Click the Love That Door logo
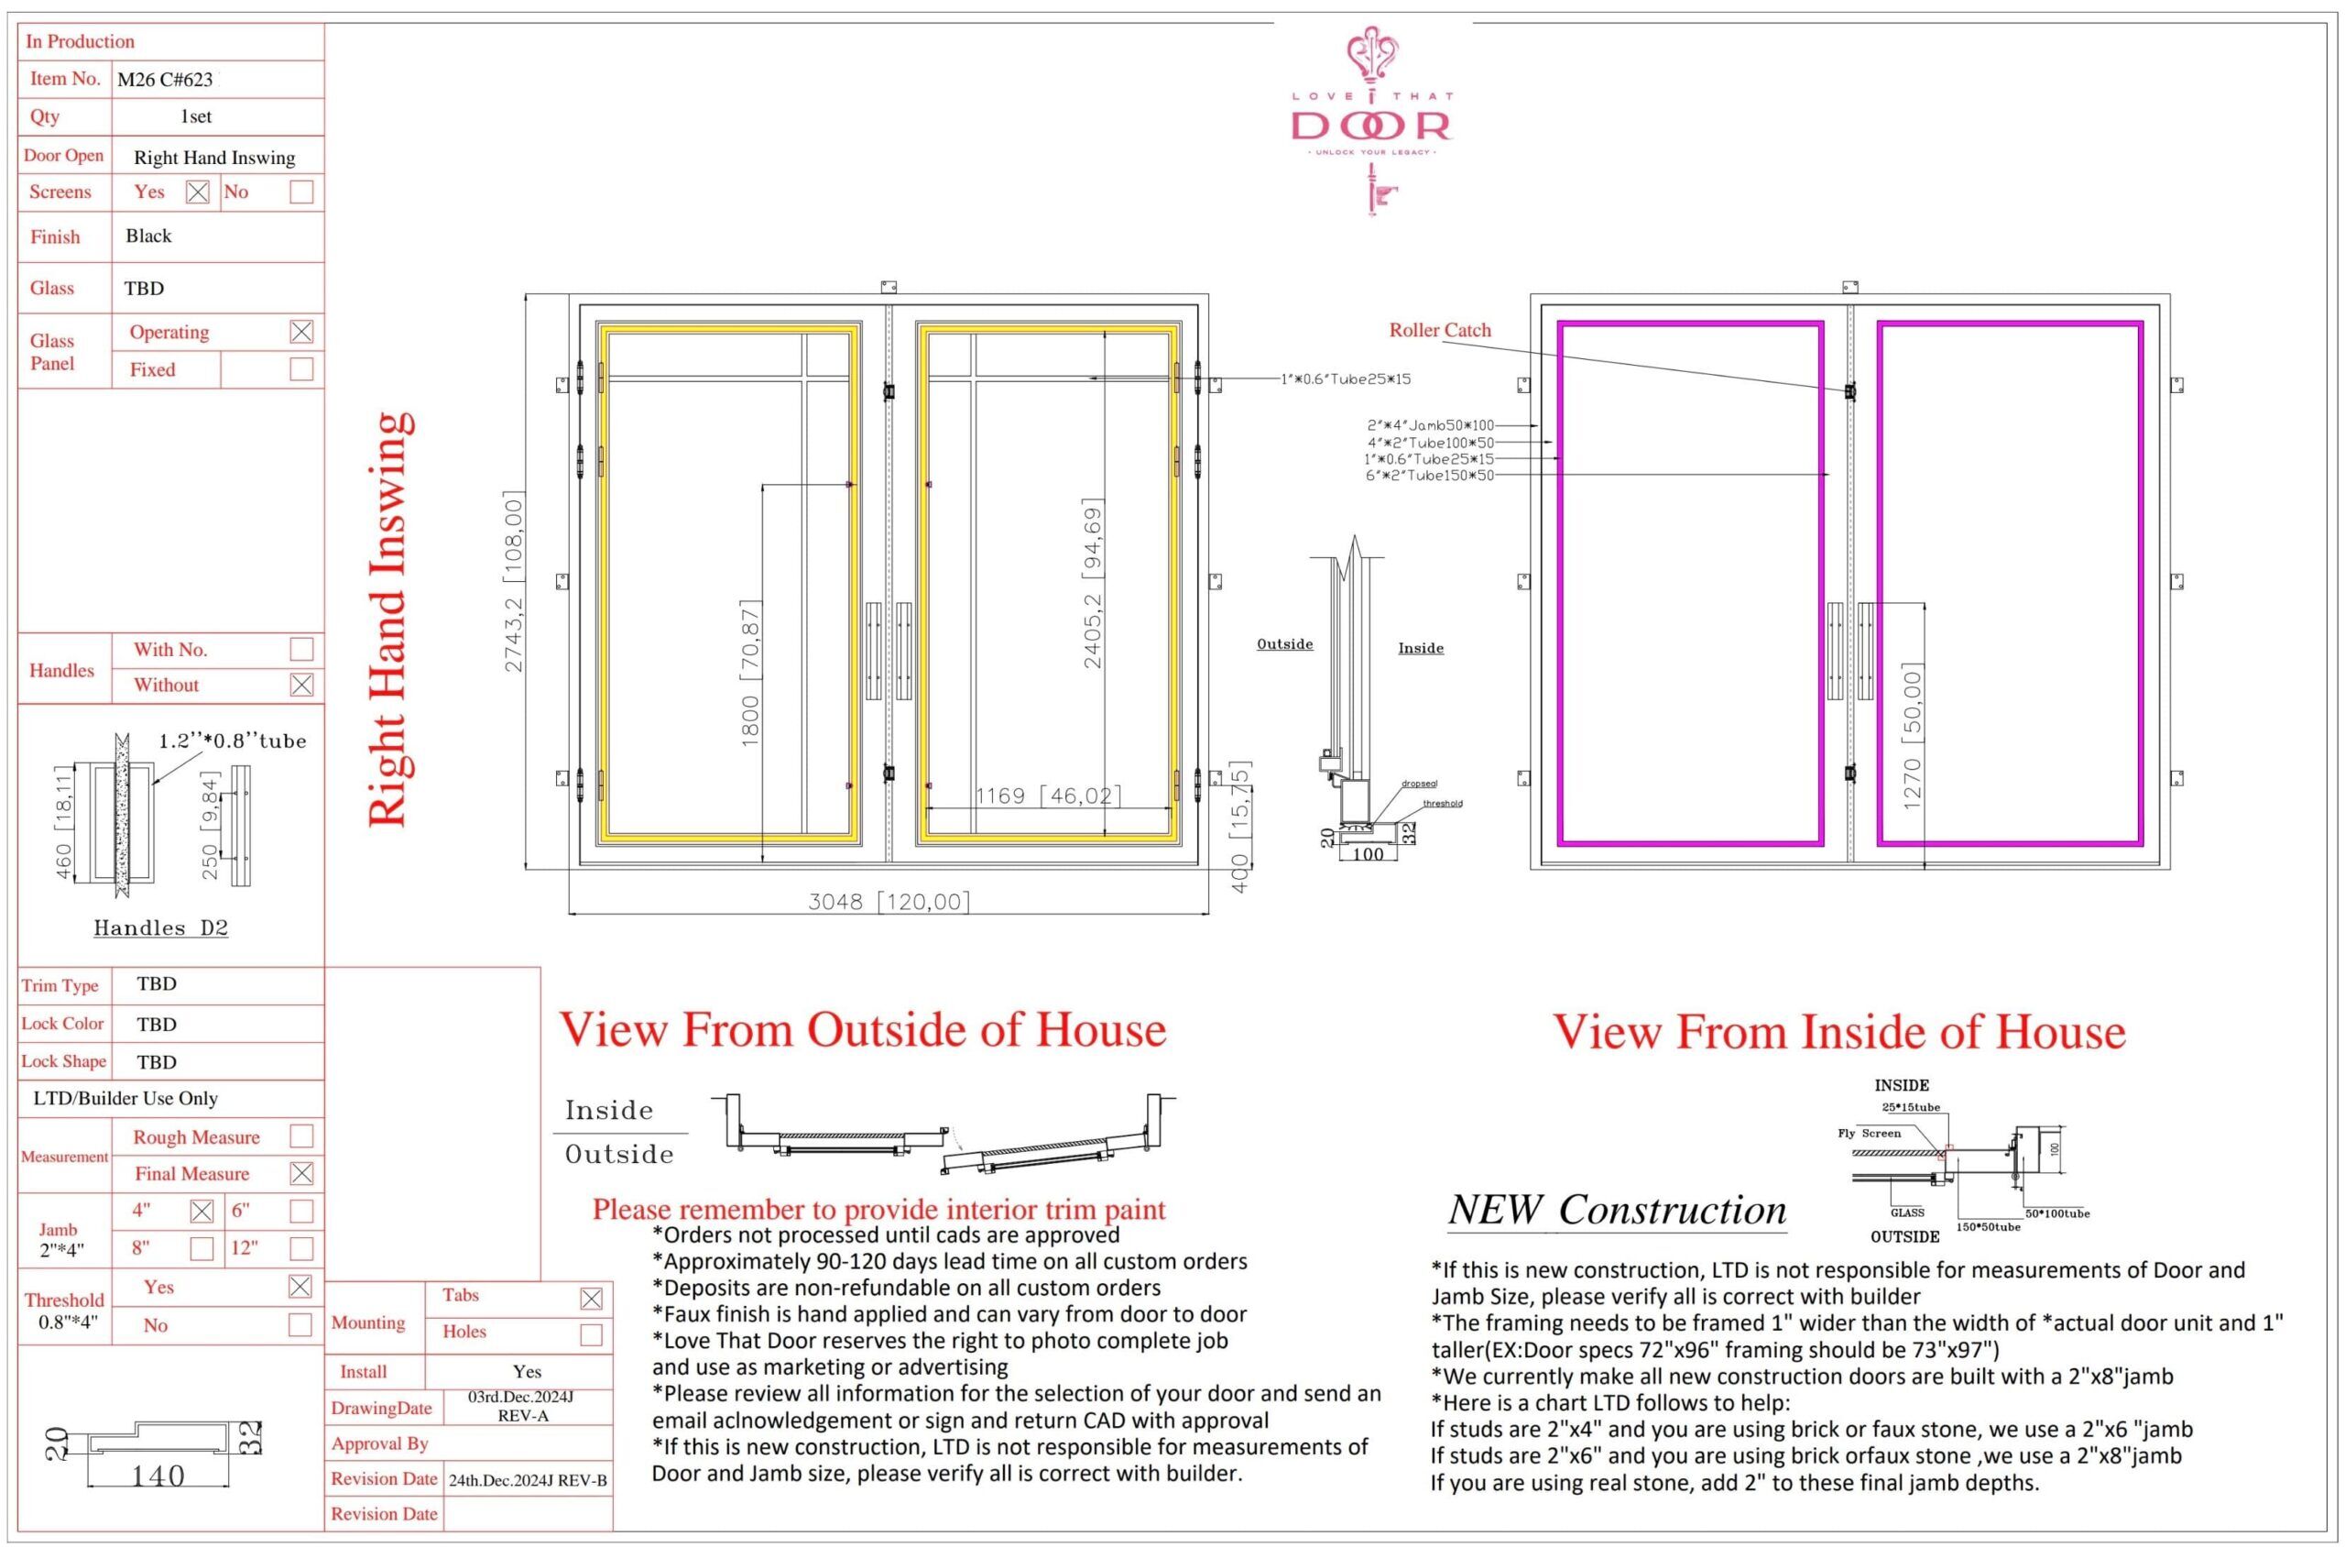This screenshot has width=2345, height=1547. point(1370,118)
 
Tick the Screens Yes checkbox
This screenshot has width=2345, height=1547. point(197,192)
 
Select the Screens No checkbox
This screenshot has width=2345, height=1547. point(301,192)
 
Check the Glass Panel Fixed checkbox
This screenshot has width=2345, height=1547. point(301,369)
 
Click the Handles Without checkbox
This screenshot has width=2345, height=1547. point(301,685)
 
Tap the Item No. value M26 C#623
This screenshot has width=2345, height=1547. point(165,80)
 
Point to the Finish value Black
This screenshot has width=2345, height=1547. point(149,236)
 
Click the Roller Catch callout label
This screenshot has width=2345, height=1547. point(1440,331)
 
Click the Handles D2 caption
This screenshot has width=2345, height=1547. point(160,928)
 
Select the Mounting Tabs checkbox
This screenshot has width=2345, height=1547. point(591,1300)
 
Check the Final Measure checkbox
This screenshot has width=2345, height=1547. point(301,1173)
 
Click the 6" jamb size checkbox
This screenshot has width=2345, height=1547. point(301,1211)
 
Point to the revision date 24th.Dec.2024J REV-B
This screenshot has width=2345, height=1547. point(528,1481)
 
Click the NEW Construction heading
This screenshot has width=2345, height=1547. point(1618,1210)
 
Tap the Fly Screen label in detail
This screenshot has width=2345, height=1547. point(1869,1134)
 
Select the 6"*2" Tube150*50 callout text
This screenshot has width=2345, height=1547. point(1429,476)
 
